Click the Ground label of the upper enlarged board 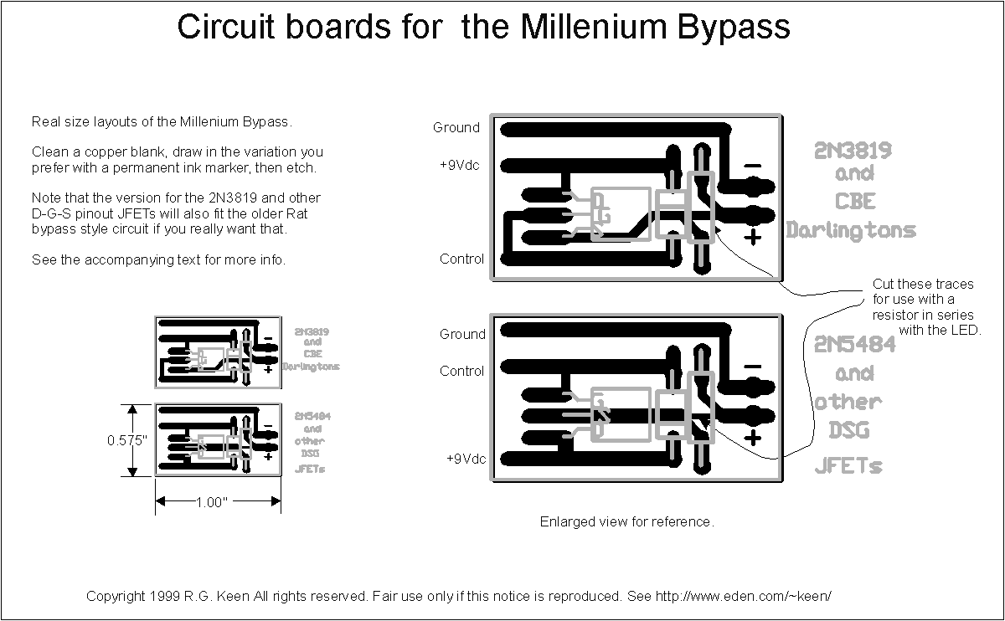pyautogui.click(x=456, y=128)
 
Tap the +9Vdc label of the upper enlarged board pyautogui.click(x=460, y=165)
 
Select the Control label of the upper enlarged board pyautogui.click(x=461, y=259)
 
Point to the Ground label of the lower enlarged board pyautogui.click(x=462, y=334)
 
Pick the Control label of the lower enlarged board pyautogui.click(x=461, y=371)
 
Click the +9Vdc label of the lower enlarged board pyautogui.click(x=466, y=459)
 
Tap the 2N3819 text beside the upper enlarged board pyautogui.click(x=853, y=151)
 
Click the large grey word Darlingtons pyautogui.click(x=851, y=230)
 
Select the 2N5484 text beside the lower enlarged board pyautogui.click(x=854, y=344)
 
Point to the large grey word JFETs pyautogui.click(x=848, y=466)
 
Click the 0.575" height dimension pyautogui.click(x=127, y=440)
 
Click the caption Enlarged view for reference pyautogui.click(x=626, y=522)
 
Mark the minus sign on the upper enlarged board pyautogui.click(x=753, y=166)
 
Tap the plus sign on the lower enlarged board pyautogui.click(x=753, y=438)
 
